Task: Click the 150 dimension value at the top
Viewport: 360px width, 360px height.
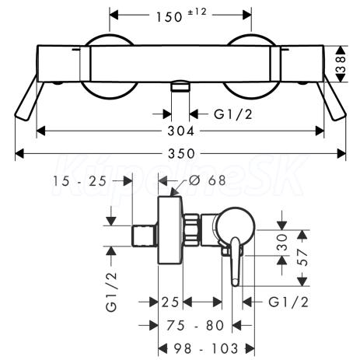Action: (x=170, y=17)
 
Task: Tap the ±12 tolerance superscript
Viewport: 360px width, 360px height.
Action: (x=197, y=12)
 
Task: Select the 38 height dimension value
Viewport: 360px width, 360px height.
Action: (x=341, y=64)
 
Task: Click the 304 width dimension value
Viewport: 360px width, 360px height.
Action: (x=180, y=131)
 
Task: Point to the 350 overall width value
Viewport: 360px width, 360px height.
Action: (x=181, y=154)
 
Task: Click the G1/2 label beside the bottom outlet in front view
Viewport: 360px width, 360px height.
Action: (x=233, y=114)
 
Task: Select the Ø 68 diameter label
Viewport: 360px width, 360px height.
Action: (x=208, y=180)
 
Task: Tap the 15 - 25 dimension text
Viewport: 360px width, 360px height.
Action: (x=79, y=181)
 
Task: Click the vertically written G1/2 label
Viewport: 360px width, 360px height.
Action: (x=111, y=292)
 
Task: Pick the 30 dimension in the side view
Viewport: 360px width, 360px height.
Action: (x=282, y=242)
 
